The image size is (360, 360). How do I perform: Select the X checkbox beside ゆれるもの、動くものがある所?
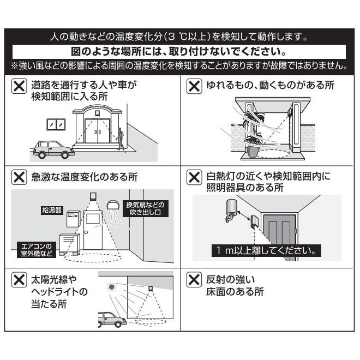pos(193,86)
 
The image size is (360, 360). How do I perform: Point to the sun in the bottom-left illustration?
pos(112,286)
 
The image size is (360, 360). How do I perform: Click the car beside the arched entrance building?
pos(52,149)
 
